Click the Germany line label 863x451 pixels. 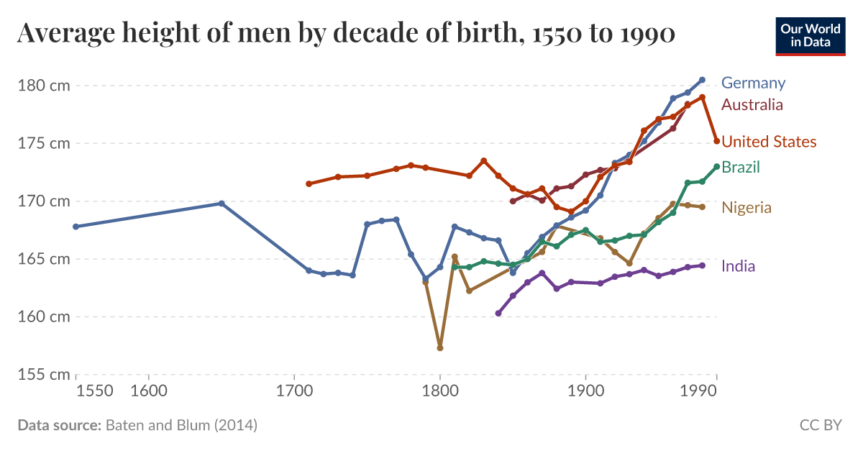coord(753,83)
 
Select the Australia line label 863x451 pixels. coord(752,105)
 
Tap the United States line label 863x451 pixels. coord(769,142)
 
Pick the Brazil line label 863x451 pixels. coord(741,168)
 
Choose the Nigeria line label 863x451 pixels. coord(746,208)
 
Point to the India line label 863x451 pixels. coord(738,266)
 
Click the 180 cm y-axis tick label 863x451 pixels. coord(43,86)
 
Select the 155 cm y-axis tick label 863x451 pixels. coord(43,375)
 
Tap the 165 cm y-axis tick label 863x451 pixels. coord(43,259)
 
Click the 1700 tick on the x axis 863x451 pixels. coord(294,391)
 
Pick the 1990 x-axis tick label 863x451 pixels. coord(697,391)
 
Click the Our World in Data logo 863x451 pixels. coord(810,35)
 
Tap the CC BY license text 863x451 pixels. coord(820,425)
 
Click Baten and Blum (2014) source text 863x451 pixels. coord(181,425)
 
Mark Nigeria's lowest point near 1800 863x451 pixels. coord(440,347)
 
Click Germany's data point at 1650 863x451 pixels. coord(222,204)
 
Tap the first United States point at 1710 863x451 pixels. coord(309,183)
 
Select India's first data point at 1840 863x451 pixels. coord(498,313)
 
